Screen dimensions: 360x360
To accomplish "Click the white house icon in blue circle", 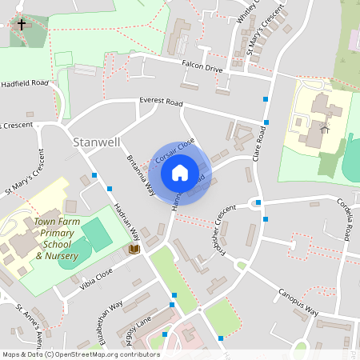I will [x=180, y=172].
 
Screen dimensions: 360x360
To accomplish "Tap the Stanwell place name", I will [x=96, y=142].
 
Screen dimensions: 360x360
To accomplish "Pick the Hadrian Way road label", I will [x=130, y=226].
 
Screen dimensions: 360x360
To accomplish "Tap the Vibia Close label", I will [x=97, y=279].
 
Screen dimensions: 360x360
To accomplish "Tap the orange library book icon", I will [x=134, y=250].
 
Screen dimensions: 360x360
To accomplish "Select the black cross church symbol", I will [x=20, y=25].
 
